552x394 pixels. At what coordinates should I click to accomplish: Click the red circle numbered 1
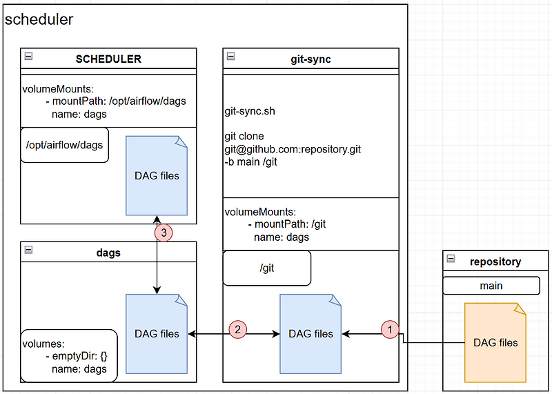391,330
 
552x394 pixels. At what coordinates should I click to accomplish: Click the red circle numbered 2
237,330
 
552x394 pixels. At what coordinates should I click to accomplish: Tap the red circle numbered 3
163,233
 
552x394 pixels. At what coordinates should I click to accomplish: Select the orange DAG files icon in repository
495,342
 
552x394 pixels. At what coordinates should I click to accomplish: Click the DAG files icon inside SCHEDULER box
157,175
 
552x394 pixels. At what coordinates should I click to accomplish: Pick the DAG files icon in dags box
157,333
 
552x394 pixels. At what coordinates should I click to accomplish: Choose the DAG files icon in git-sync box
310,333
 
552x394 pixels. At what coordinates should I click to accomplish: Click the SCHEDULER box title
108,59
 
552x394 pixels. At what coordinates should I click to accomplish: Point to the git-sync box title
311,59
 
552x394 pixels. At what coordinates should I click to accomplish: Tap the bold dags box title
108,253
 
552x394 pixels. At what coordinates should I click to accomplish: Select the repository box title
495,262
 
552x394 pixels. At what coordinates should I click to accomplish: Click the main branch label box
491,286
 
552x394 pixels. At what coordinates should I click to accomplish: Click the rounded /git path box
267,268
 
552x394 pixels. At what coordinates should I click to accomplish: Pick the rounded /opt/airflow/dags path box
64,145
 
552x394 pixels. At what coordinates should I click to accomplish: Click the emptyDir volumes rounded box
69,355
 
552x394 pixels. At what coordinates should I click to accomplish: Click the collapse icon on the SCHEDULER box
28,57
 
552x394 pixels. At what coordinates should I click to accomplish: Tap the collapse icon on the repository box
451,259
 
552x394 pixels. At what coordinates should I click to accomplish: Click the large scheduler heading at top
39,19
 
